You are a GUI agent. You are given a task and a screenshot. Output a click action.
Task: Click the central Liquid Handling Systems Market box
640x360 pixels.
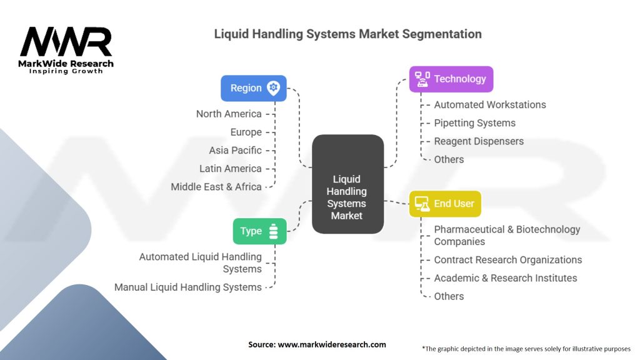point(347,184)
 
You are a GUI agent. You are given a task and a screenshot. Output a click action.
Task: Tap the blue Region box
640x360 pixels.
point(253,88)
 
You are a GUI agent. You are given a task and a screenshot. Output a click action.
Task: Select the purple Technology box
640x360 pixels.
point(451,79)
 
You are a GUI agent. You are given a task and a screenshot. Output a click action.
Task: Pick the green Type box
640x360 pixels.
point(259,231)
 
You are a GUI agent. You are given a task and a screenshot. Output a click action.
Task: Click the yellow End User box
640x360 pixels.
point(445,204)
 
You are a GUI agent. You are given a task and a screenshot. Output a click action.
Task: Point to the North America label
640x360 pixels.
point(229,114)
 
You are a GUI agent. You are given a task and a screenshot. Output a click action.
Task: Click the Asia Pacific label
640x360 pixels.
point(235,150)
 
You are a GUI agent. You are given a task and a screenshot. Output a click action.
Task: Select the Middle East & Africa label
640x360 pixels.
point(216,187)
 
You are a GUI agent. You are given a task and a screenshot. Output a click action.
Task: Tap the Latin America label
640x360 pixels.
point(230,169)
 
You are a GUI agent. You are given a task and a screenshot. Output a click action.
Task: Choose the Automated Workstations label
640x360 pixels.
point(490,105)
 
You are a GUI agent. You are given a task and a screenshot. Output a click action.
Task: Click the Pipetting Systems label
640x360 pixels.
point(475,123)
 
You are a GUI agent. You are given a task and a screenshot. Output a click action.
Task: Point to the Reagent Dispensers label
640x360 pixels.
point(479,141)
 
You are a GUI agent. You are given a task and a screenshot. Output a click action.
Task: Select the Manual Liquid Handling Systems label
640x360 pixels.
point(187,287)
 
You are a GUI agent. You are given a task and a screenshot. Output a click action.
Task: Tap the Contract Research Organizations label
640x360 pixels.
point(508,260)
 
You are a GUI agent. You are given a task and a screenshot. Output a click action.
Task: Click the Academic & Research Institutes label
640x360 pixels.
point(506,278)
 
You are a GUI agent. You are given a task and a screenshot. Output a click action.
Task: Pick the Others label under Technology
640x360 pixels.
point(449,159)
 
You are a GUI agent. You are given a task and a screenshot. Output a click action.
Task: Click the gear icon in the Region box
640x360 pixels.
point(273,88)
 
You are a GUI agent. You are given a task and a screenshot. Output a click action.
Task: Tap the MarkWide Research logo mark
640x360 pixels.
point(66,42)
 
